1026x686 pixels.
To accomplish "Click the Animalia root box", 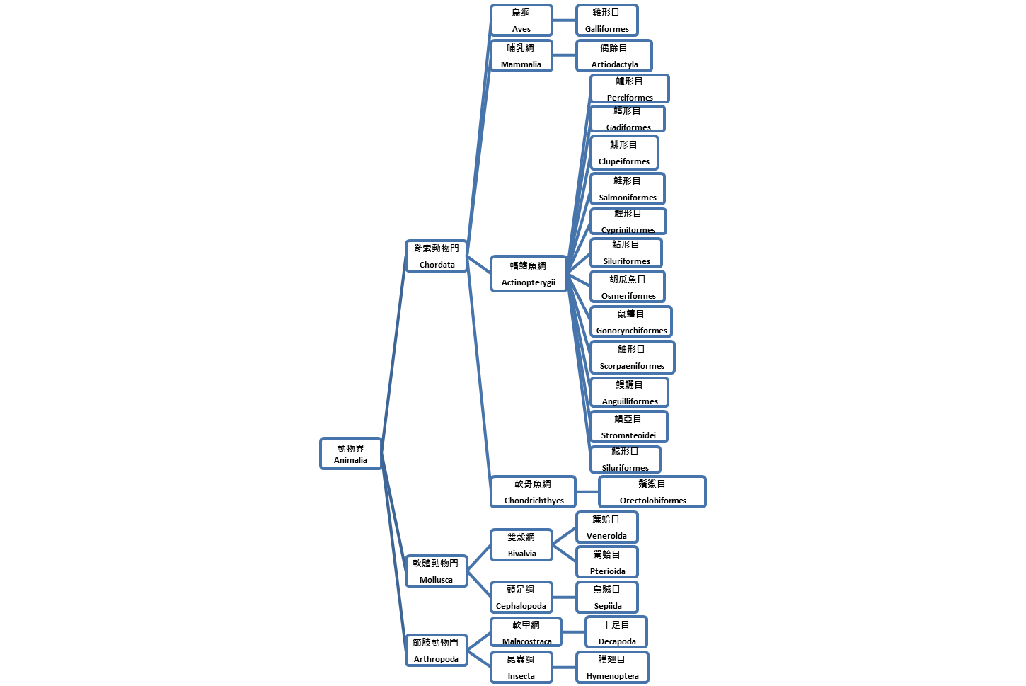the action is click(350, 454).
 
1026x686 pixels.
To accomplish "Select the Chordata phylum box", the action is click(437, 256).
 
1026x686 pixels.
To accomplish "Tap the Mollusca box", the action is click(436, 571).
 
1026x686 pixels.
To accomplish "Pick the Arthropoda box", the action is click(436, 650).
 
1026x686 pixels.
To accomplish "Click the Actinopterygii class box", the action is click(528, 273).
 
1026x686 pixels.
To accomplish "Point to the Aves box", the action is click(521, 20).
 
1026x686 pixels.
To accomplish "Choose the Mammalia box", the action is click(521, 55).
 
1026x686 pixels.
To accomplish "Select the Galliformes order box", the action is click(606, 20).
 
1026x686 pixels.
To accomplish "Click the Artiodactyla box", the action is click(614, 55).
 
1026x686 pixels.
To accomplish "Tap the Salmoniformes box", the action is click(628, 188).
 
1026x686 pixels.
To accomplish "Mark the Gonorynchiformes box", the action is click(631, 321).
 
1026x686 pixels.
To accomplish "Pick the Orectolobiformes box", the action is click(652, 491).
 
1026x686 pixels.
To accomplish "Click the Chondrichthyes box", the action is click(534, 491).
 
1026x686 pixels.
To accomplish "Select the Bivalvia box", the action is click(521, 544).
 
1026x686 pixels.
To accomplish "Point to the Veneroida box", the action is click(606, 527).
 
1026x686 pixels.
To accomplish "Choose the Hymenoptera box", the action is click(612, 667).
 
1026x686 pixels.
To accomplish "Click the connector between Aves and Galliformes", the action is click(564, 20).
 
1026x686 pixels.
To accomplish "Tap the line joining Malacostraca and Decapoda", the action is click(574, 632).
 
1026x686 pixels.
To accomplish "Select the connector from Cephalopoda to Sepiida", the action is click(564, 597).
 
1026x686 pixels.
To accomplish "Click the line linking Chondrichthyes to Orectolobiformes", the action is click(587, 491).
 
